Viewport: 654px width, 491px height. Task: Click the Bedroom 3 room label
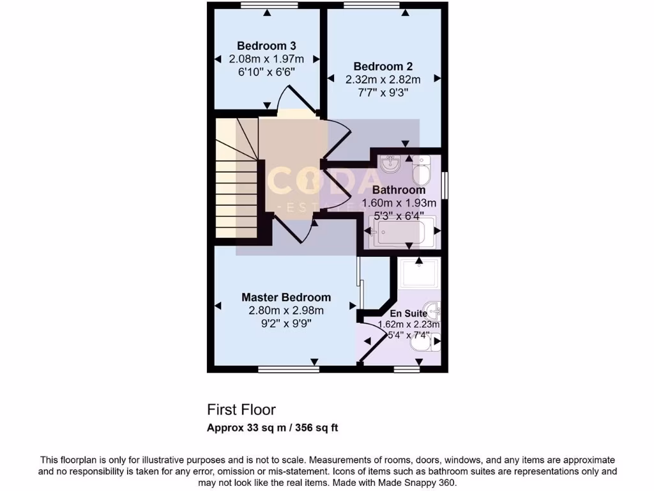click(x=266, y=46)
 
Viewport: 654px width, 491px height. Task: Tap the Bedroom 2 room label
click(x=383, y=66)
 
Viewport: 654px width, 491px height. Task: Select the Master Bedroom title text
click(x=286, y=297)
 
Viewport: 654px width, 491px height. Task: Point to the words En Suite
click(x=409, y=313)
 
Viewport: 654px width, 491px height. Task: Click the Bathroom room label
click(x=399, y=190)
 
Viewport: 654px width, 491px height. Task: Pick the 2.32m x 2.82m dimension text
click(x=383, y=80)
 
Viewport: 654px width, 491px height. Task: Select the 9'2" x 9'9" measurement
click(x=286, y=323)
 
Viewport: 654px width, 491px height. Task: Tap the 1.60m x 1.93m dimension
click(x=399, y=203)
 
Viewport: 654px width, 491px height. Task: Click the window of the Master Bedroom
click(x=288, y=369)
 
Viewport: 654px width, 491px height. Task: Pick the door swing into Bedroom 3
click(x=295, y=102)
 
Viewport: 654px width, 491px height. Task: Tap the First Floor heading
click(x=241, y=409)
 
